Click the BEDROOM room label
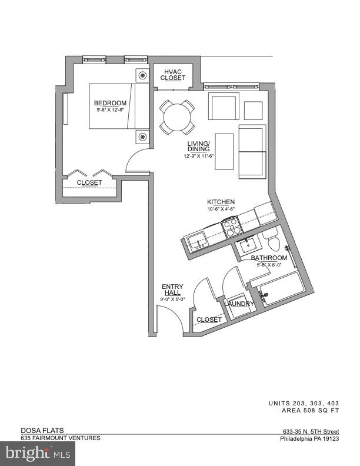click(x=111, y=103)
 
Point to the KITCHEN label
click(x=221, y=202)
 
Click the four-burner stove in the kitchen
click(x=230, y=224)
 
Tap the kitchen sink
click(x=196, y=239)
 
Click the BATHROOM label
click(x=269, y=258)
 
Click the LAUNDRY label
click(x=239, y=304)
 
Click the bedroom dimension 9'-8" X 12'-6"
click(x=111, y=110)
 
